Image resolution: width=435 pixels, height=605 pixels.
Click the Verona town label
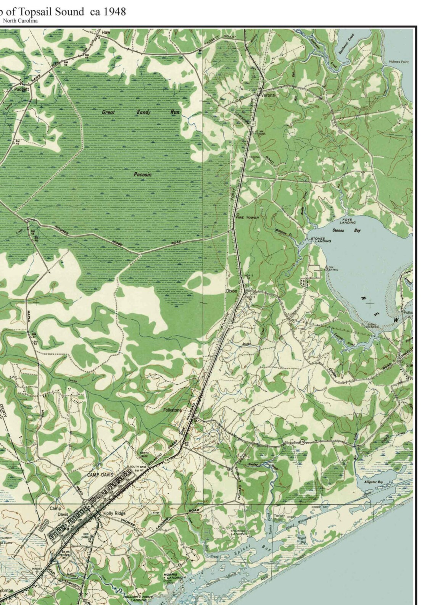(268, 95)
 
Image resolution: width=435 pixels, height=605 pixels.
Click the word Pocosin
(143, 174)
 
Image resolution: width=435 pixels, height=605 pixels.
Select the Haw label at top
(106, 33)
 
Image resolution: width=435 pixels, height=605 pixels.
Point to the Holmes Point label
(399, 61)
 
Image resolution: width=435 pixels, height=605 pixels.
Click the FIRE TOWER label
(248, 218)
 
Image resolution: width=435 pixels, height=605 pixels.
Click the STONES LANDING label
(321, 240)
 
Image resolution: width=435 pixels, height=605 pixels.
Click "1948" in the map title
(114, 11)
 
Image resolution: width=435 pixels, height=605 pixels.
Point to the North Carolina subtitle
(20, 21)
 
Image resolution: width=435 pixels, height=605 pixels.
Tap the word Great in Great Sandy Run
(109, 112)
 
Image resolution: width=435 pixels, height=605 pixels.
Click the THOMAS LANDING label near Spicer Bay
(237, 533)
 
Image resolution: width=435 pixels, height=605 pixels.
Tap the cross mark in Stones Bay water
(370, 303)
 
